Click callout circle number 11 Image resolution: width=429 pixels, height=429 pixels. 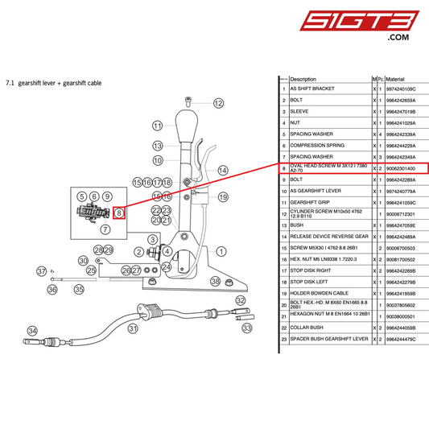click(158, 126)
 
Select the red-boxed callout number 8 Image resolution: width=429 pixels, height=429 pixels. click(119, 213)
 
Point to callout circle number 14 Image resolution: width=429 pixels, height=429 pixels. click(223, 171)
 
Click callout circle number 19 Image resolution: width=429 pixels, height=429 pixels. click(223, 196)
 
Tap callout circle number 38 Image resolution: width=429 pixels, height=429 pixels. click(215, 281)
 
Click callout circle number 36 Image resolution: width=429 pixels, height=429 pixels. click(52, 289)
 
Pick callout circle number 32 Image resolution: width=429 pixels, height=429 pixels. click(240, 300)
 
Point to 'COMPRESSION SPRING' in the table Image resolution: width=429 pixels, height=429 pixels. click(316, 146)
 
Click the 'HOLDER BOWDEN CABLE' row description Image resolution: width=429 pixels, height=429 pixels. click(319, 293)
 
